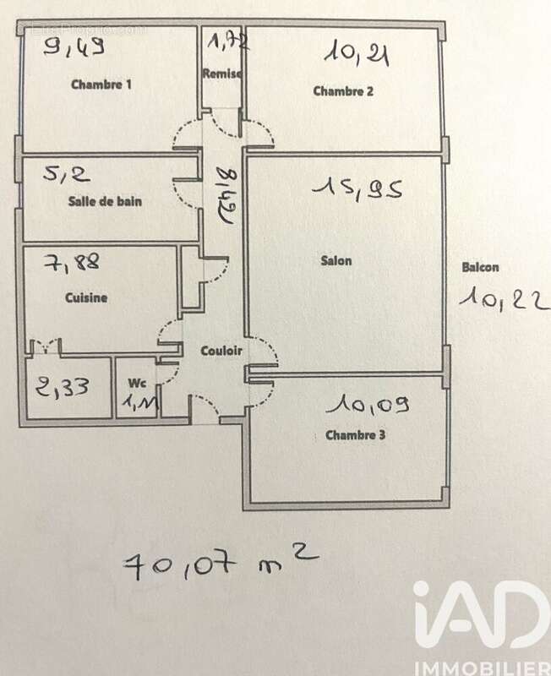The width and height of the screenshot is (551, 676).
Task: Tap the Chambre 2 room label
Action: click(343, 91)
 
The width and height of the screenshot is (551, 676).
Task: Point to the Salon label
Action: click(336, 261)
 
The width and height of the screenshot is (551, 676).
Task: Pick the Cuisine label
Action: click(85, 297)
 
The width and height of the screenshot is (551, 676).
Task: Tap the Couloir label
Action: click(222, 351)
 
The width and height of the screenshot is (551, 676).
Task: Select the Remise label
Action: click(222, 74)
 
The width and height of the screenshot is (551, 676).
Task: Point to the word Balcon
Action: click(480, 267)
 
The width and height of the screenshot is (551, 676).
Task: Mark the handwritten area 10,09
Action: click(370, 406)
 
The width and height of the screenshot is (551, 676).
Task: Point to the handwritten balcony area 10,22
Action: click(501, 297)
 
